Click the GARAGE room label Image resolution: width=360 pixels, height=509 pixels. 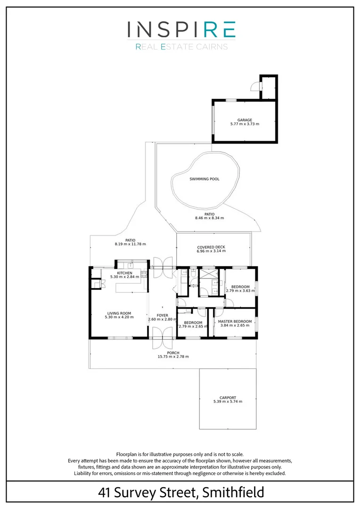pyautogui.click(x=245, y=120)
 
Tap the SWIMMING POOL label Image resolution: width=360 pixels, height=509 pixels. pyautogui.click(x=205, y=179)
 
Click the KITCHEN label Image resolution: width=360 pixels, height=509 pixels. pyautogui.click(x=125, y=273)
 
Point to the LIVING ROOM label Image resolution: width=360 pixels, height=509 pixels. pyautogui.click(x=119, y=313)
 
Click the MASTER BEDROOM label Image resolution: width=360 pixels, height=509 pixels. pyautogui.click(x=235, y=321)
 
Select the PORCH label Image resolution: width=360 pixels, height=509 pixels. pyautogui.click(x=173, y=352)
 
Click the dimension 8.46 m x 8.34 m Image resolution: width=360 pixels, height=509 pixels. pyautogui.click(x=209, y=218)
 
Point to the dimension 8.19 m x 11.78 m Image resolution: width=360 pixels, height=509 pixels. pyautogui.click(x=130, y=244)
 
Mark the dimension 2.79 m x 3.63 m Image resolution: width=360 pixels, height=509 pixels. pyautogui.click(x=240, y=291)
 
